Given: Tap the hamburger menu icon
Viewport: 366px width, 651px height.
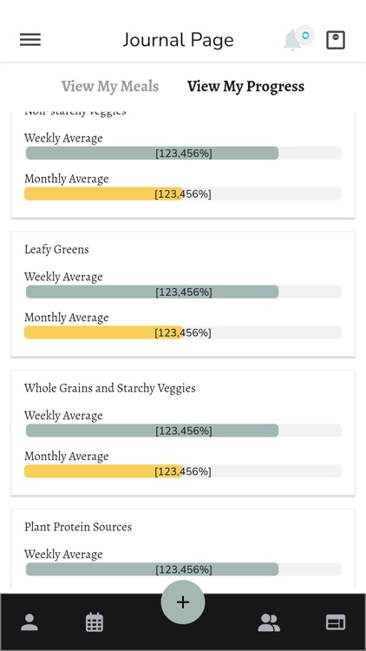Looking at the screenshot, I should click(x=30, y=40).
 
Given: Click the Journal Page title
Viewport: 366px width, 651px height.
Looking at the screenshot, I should click(x=178, y=40).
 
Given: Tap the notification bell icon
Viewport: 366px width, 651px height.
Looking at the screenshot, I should click(x=293, y=40).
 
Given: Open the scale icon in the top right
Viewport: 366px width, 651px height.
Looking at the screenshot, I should click(x=336, y=40).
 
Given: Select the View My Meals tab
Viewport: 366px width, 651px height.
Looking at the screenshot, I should click(x=109, y=86).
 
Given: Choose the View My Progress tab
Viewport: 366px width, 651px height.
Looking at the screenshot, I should click(x=245, y=86).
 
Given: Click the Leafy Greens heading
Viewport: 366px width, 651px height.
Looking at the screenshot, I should click(x=56, y=249).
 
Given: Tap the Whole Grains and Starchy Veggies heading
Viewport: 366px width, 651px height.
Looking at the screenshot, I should click(x=109, y=388).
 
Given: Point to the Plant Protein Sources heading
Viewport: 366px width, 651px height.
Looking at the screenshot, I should click(x=78, y=527).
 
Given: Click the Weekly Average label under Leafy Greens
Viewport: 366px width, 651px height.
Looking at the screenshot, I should click(x=63, y=277).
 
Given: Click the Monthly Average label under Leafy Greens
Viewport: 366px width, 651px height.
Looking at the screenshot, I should click(x=66, y=318).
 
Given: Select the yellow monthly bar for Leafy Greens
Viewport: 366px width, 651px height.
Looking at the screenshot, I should click(x=104, y=332).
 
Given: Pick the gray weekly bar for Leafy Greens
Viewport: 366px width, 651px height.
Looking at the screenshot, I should click(x=152, y=292).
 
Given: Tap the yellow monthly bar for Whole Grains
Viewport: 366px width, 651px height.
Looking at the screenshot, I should click(x=104, y=471).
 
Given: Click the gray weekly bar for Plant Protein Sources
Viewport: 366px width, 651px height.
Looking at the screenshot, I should click(x=152, y=569).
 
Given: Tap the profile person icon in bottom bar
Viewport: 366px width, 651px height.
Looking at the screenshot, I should click(x=29, y=622).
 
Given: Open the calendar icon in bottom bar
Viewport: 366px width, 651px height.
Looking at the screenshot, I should click(x=95, y=622).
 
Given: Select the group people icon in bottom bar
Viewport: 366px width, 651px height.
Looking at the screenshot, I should click(x=269, y=622).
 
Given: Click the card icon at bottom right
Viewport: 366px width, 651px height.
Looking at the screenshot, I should click(x=336, y=622).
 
